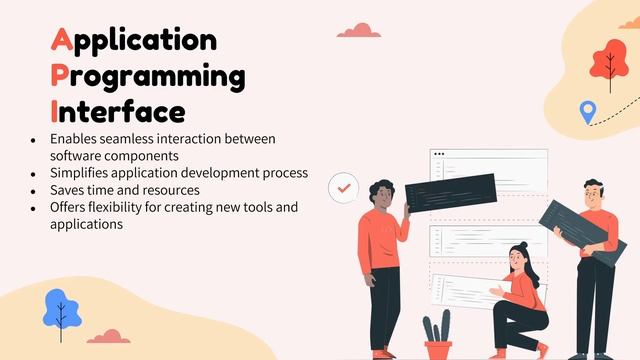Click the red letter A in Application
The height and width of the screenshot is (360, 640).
[60, 40]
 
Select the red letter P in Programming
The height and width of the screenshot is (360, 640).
[60, 76]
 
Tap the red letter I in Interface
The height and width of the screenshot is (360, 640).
[54, 110]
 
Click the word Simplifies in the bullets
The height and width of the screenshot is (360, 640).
[82, 173]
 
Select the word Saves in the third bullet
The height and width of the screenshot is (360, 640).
[68, 190]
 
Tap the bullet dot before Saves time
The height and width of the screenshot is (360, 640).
[34, 190]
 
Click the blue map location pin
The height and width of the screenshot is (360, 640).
[587, 112]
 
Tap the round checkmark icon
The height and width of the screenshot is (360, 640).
[344, 186]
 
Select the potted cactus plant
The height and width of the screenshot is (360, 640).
[437, 334]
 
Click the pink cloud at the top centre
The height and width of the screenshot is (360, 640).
[357, 30]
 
